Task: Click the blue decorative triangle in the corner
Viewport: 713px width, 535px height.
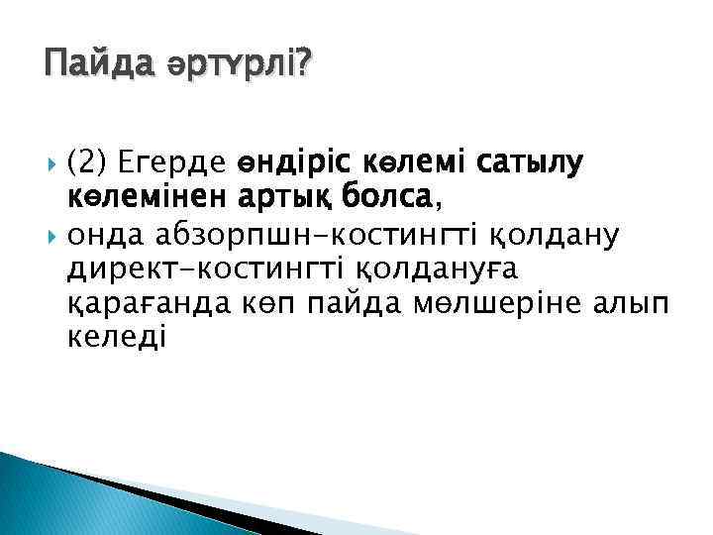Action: pyautogui.click(x=59, y=500)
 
